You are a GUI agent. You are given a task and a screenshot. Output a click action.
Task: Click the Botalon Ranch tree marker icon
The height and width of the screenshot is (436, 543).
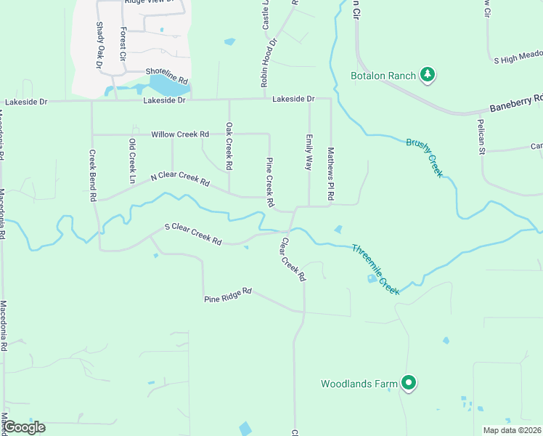point(428,74)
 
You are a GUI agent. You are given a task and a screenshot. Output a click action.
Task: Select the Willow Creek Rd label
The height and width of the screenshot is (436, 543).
point(180,134)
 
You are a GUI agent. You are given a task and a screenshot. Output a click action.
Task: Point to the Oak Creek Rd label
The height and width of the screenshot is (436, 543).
point(229,145)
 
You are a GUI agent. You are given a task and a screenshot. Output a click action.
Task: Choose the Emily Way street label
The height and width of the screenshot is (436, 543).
point(309,152)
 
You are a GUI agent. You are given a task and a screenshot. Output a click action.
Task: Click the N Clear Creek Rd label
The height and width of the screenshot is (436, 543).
point(180,177)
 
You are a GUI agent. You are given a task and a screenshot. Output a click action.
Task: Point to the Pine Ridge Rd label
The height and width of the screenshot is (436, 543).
point(227,294)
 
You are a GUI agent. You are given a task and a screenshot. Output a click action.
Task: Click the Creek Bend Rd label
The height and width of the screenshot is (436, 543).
point(92,175)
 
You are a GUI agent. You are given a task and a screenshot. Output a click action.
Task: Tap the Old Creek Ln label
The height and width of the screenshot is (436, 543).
point(132,161)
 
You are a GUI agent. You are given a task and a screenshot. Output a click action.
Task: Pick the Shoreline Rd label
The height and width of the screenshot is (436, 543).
point(167,75)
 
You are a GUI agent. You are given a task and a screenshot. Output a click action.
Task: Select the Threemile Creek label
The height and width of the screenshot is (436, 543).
point(375,269)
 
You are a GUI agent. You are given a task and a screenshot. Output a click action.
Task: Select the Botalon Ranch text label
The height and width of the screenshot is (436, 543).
point(383,76)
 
